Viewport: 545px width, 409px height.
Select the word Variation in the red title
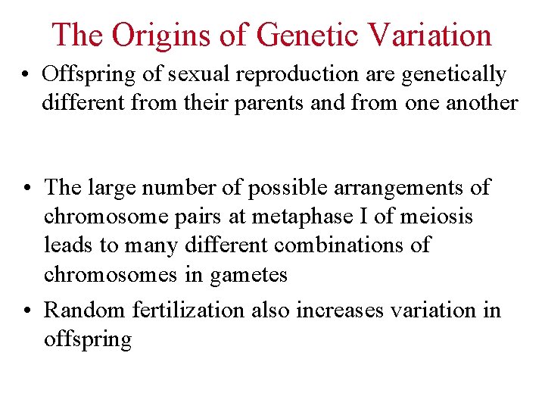point(429,34)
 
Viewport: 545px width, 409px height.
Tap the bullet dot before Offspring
point(26,75)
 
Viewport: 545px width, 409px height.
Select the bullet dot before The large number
point(26,188)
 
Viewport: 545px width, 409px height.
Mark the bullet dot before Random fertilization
point(26,311)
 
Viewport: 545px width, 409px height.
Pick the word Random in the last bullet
point(85,311)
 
